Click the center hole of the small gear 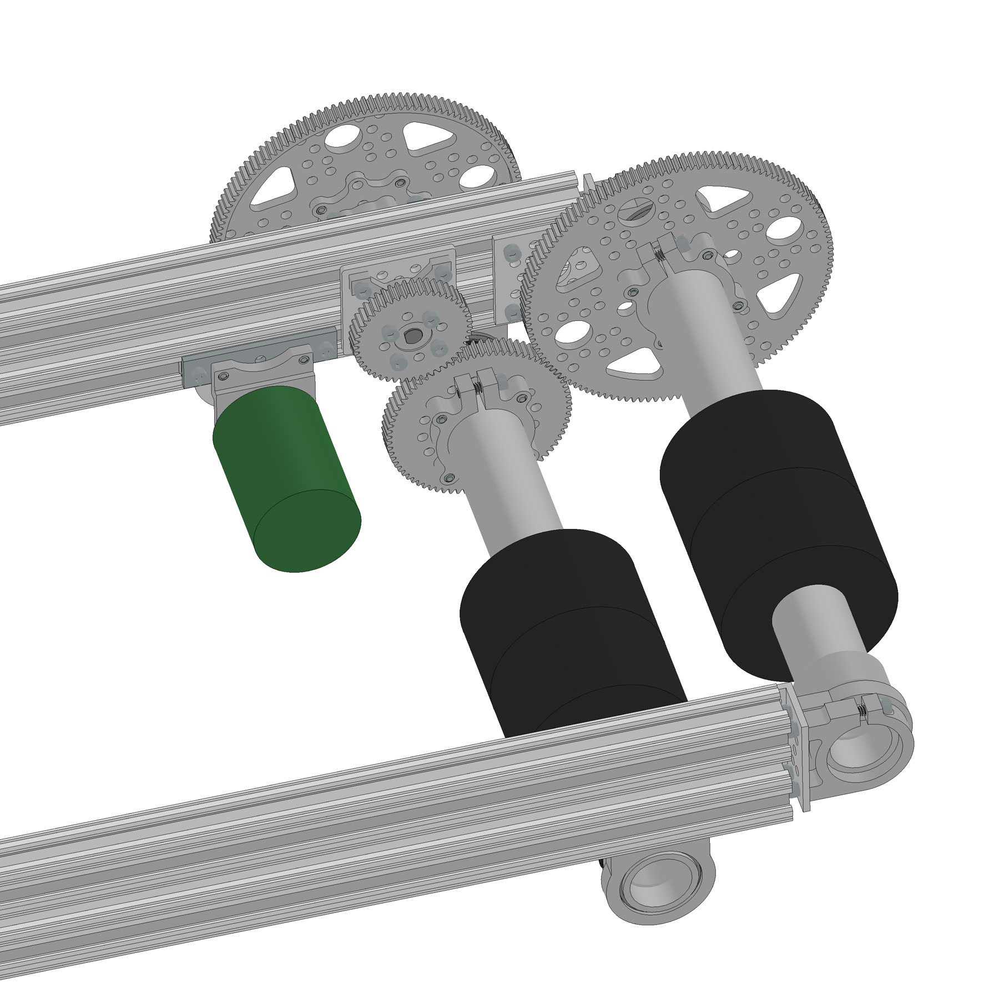pyautogui.click(x=413, y=335)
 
